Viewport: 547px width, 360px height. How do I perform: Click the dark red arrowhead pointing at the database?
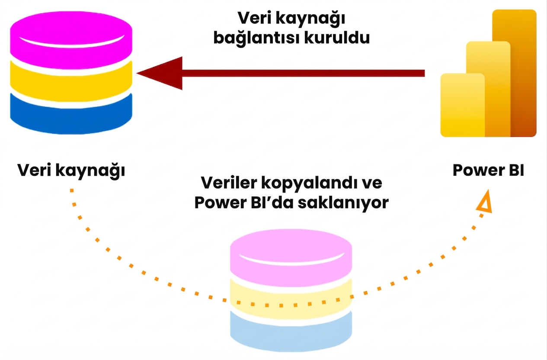(x=160, y=73)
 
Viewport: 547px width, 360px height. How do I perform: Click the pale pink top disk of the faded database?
(x=291, y=253)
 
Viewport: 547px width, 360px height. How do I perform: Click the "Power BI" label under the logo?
(x=488, y=170)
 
